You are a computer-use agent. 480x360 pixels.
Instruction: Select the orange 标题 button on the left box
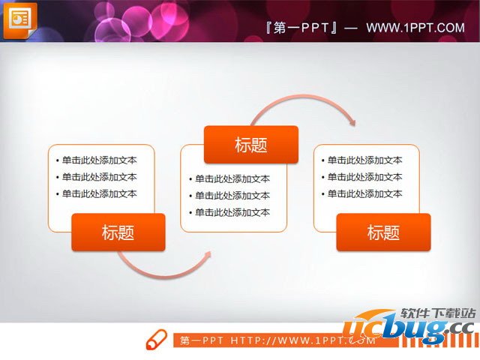(x=118, y=232)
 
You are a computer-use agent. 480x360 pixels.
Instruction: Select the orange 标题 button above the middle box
(x=250, y=145)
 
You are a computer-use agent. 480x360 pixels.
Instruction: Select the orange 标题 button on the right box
(x=383, y=232)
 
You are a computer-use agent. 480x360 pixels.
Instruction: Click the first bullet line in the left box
(x=97, y=160)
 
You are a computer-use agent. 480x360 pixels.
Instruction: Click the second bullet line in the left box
(x=97, y=177)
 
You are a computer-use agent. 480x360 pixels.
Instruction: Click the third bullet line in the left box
(x=97, y=193)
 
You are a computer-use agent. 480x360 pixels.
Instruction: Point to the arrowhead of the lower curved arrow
(x=207, y=255)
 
